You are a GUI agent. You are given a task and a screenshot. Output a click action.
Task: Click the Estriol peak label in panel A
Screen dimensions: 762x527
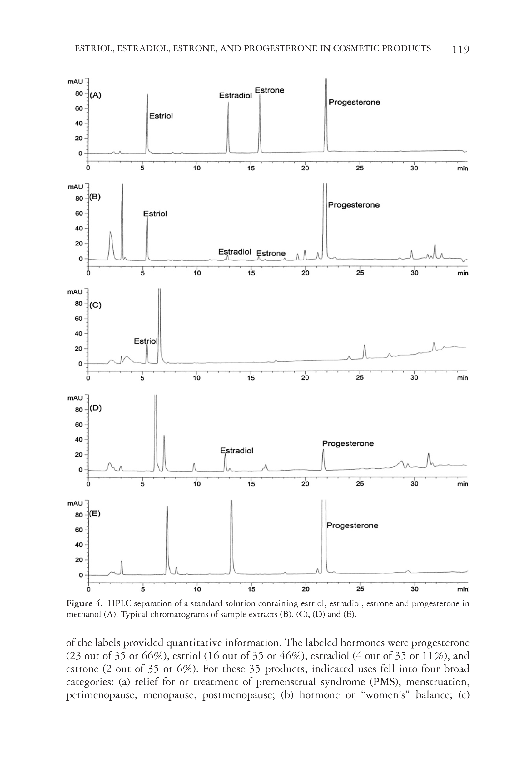pos(161,116)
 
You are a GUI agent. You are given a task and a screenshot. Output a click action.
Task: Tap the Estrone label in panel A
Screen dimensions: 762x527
pos(270,90)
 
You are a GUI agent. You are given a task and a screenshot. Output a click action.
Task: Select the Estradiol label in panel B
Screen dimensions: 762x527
pos(235,252)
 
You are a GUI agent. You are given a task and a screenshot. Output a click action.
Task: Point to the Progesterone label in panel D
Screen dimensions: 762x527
pos(348,443)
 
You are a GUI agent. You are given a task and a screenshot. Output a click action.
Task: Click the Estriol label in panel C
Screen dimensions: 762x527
pos(146,341)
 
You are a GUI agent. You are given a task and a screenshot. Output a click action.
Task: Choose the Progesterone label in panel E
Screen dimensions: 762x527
pos(352,525)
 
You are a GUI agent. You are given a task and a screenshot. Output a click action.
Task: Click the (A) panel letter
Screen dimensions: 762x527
pos(95,95)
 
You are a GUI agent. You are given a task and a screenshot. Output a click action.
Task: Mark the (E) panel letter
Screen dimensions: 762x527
pos(95,514)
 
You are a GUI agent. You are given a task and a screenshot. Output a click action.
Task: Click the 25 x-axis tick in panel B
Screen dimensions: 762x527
pos(360,273)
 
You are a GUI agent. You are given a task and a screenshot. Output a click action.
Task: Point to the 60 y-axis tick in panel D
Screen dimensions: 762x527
pos(79,425)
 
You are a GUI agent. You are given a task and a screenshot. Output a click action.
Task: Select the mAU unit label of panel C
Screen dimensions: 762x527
pos(75,292)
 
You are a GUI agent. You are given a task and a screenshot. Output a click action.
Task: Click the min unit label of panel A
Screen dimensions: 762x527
pos(463,169)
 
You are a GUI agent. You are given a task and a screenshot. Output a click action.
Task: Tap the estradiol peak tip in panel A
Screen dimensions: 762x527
pos(228,103)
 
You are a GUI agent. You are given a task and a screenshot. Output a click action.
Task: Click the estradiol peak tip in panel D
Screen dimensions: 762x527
pos(225,454)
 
